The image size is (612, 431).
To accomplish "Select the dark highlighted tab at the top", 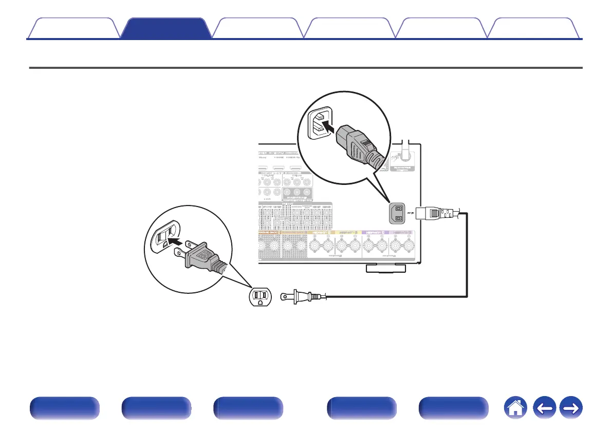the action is [168, 28].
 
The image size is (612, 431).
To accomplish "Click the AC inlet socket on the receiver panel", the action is [398, 213].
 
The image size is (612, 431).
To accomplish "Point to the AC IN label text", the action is [410, 212].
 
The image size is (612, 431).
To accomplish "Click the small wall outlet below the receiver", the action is [260, 296].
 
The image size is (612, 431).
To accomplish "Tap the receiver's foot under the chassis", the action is [385, 268].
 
